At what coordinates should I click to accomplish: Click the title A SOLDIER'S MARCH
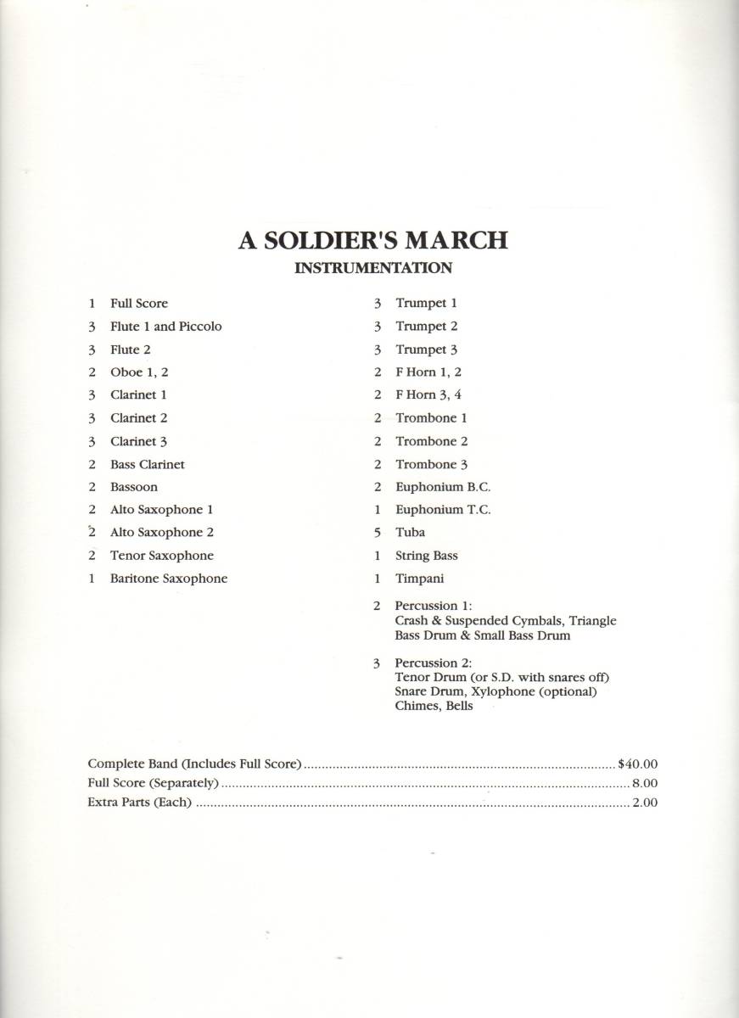[372, 241]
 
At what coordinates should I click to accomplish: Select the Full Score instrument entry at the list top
[139, 303]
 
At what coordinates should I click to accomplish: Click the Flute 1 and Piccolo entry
[165, 326]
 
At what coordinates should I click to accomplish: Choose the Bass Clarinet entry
[147, 464]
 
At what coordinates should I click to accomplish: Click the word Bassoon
[133, 487]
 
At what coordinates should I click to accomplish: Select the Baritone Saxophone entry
[168, 579]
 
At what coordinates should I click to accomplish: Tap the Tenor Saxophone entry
[161, 556]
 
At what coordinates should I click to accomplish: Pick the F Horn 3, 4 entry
[428, 394]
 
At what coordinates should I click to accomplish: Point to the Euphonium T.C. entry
[443, 510]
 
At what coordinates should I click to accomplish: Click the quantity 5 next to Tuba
[376, 533]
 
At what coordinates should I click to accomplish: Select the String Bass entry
[426, 556]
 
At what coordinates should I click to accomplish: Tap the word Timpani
[419, 579]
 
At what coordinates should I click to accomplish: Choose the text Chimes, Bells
[434, 706]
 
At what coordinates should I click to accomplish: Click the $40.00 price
[638, 763]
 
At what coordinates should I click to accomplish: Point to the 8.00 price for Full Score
[644, 783]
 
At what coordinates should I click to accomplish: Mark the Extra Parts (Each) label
[140, 803]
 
